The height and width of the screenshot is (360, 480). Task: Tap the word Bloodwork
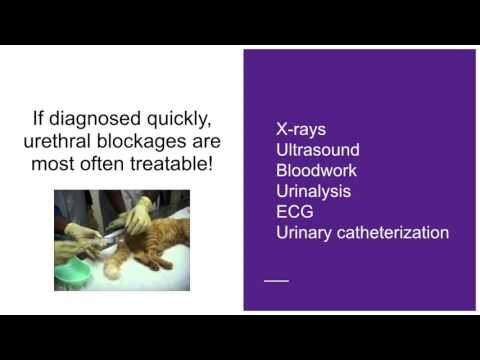(x=316, y=171)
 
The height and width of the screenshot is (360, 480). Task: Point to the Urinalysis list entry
(x=314, y=192)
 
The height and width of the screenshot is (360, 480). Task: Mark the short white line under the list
(x=276, y=280)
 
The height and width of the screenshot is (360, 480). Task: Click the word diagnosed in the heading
(x=99, y=121)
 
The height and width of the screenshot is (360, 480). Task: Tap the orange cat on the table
(x=150, y=240)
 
